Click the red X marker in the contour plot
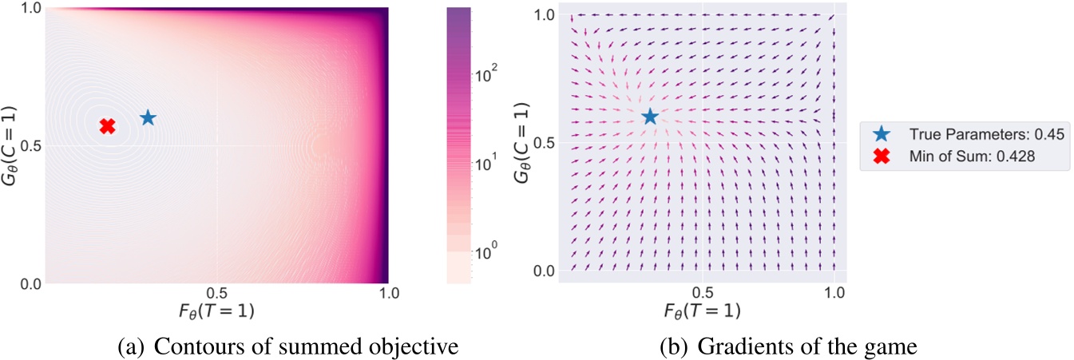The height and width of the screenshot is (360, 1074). (x=108, y=126)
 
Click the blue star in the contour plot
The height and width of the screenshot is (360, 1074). (x=148, y=118)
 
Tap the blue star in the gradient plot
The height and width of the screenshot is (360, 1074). (x=650, y=117)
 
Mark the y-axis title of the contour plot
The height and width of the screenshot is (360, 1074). (x=11, y=145)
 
